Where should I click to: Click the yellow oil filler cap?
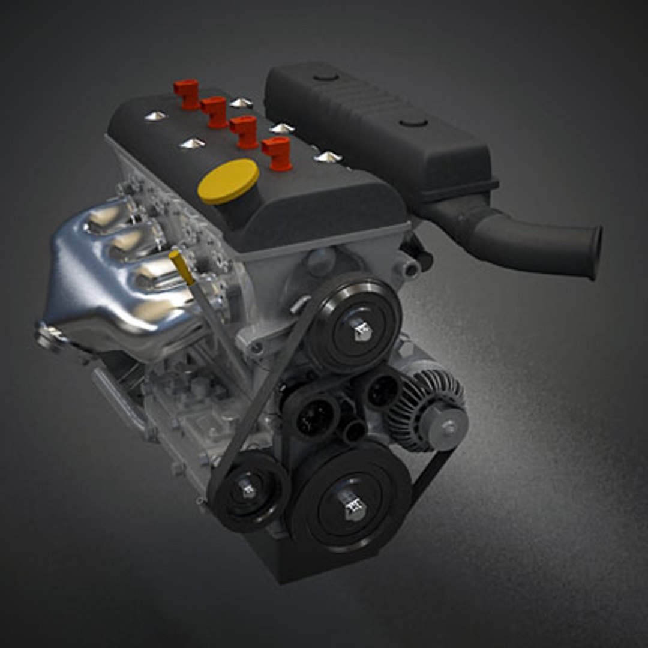point(228,180)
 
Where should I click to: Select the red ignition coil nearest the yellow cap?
point(277,153)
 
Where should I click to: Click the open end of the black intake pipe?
point(593,252)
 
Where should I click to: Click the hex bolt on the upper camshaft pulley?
point(361,329)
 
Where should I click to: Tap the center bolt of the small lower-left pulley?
point(248,489)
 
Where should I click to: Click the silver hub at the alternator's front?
point(447,427)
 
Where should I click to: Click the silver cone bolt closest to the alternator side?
point(328,157)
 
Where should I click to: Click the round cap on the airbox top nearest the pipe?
point(414,122)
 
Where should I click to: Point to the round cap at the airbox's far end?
point(326,76)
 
